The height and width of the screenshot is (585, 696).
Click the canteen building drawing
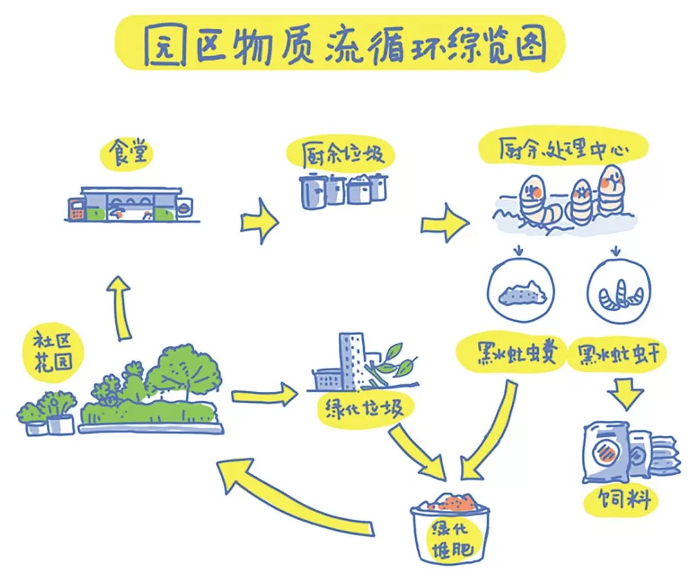[x=129, y=204]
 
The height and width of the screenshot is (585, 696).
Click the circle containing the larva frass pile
[x=521, y=290]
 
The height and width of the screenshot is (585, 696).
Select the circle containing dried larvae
[x=617, y=290]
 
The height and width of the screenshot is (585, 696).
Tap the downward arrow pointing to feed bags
[x=624, y=394]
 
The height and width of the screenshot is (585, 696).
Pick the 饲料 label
[x=618, y=501]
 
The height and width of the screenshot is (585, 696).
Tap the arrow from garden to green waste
[x=263, y=395]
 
